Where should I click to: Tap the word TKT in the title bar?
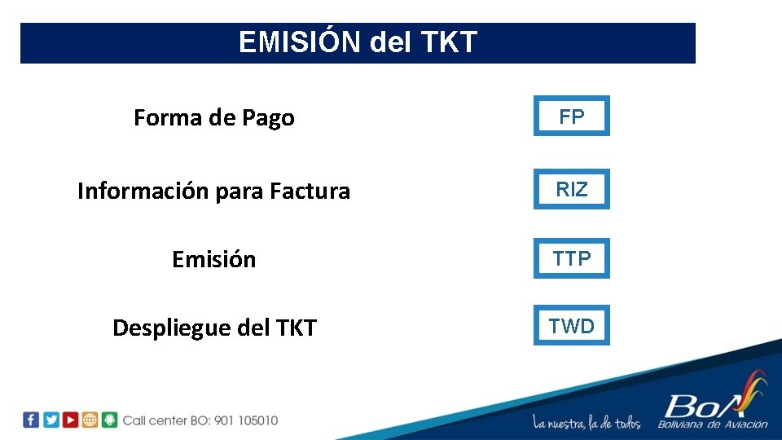[449, 42]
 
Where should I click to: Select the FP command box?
[571, 117]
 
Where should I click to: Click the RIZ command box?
[571, 190]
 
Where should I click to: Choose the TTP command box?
[571, 259]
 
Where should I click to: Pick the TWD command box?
[571, 327]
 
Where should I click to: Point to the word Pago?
[268, 118]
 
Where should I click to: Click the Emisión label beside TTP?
[213, 260]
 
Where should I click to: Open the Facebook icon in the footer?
[31, 420]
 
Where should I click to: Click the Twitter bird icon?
[51, 420]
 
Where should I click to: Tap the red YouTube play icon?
[70, 420]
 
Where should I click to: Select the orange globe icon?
[90, 420]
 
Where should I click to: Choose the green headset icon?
[109, 420]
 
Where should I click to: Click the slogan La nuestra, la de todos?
[586, 423]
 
